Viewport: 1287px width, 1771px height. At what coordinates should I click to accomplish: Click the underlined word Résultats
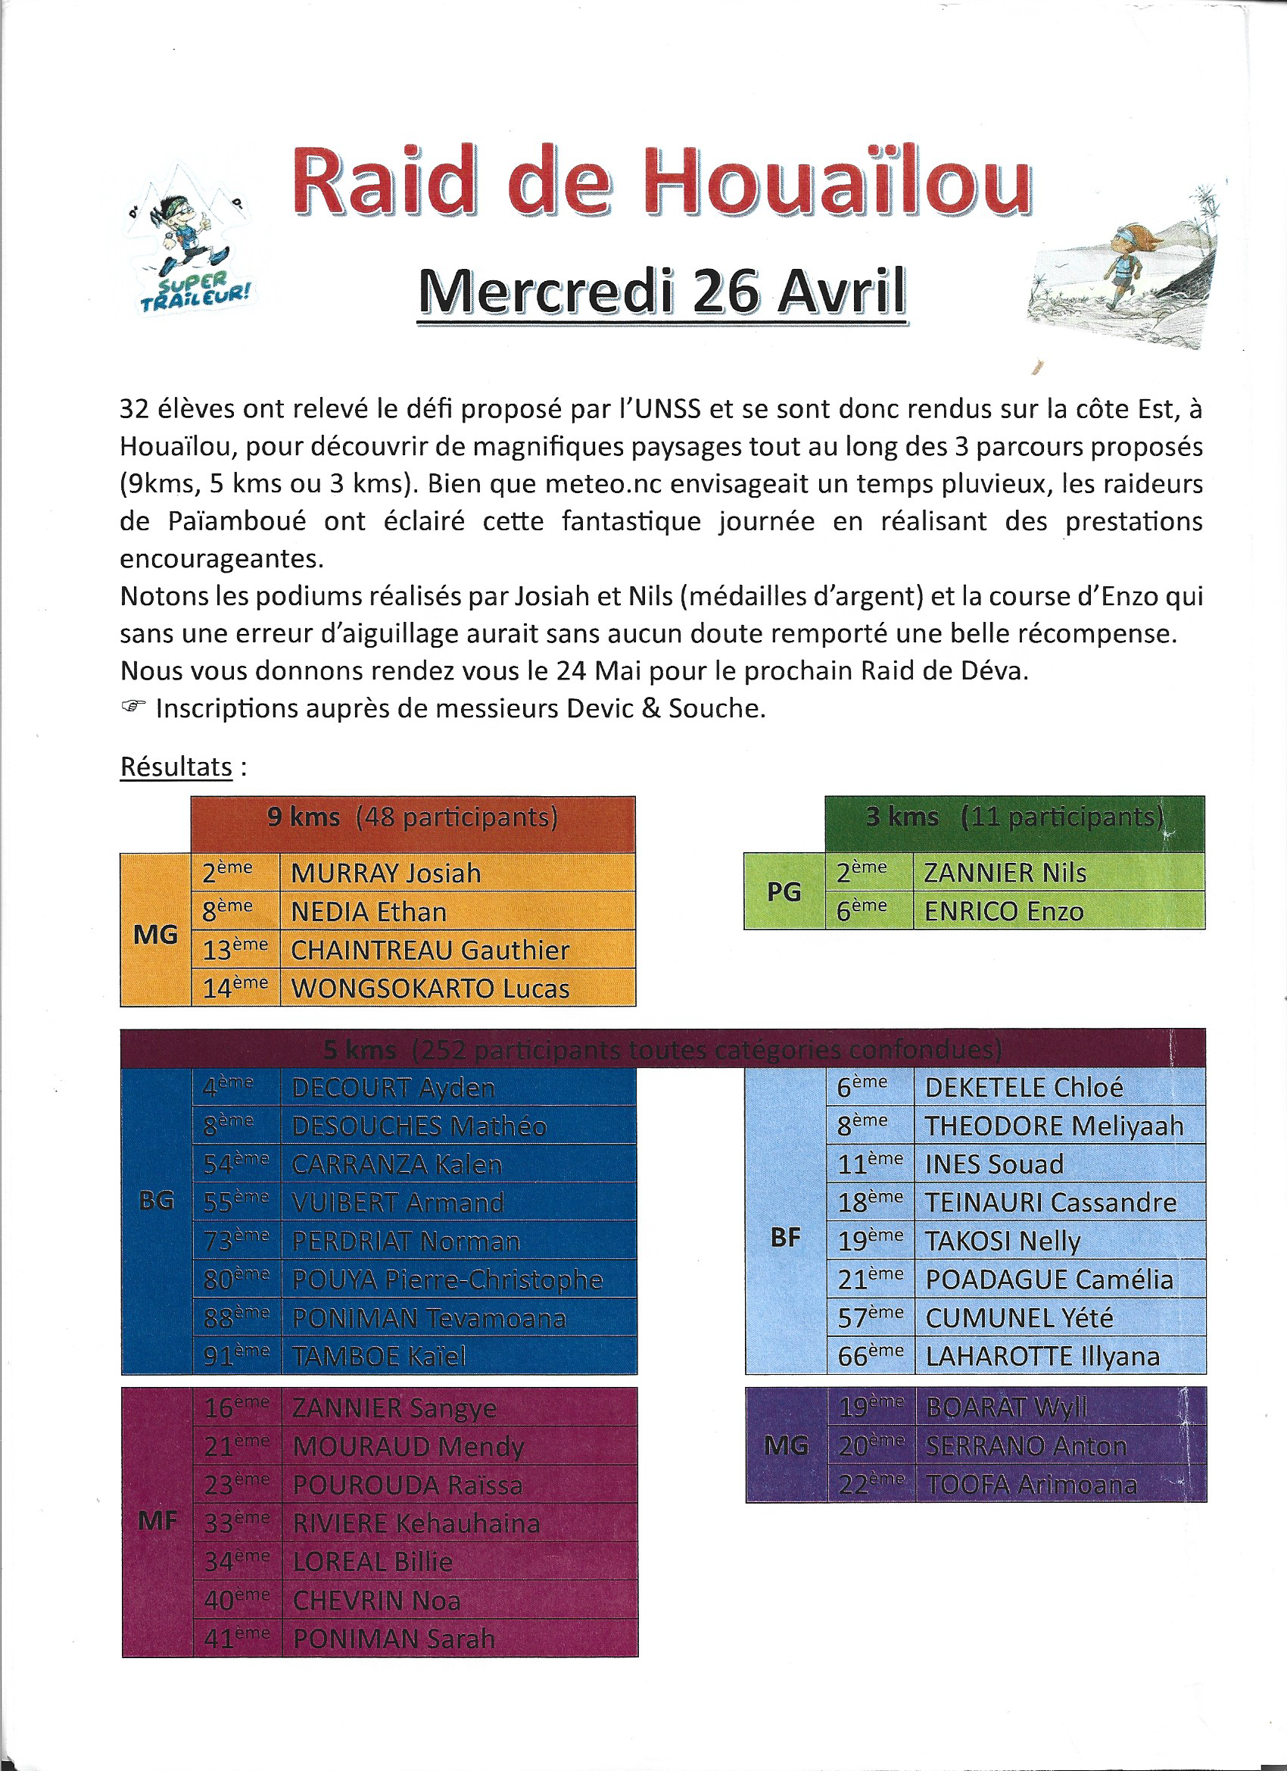point(176,767)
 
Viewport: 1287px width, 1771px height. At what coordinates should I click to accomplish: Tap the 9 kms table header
point(412,818)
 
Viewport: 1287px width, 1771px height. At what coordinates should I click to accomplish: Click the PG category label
point(784,892)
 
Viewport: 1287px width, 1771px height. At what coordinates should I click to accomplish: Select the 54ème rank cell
point(235,1164)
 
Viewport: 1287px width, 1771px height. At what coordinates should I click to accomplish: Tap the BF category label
point(785,1237)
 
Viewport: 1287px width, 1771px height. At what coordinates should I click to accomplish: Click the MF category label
point(157,1521)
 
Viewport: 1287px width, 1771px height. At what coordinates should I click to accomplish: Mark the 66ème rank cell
point(869,1357)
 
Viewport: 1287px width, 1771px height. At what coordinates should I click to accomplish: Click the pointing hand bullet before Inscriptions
point(133,707)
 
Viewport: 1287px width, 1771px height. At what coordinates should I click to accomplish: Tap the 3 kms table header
point(1014,817)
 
